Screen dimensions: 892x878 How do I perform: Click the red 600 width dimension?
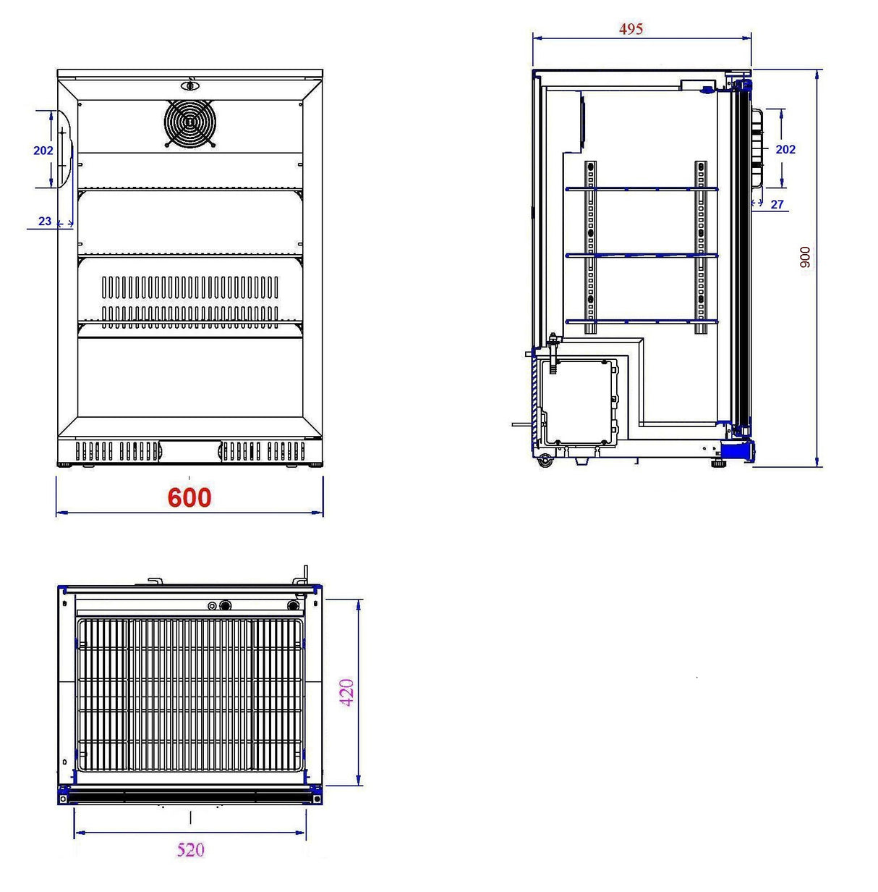[x=189, y=497]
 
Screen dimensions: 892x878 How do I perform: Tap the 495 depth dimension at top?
[x=631, y=29]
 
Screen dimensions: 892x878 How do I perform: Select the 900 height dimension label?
[x=805, y=257]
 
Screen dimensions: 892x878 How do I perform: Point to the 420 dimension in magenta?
[x=347, y=692]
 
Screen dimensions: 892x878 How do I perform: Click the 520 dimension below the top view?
[x=190, y=849]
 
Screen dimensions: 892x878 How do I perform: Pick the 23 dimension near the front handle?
[x=45, y=221]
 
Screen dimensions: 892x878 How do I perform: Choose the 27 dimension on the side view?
[x=777, y=204]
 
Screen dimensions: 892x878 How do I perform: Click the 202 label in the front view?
[x=43, y=151]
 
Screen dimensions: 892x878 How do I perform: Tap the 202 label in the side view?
[x=785, y=149]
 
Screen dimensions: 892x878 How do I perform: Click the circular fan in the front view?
[x=190, y=123]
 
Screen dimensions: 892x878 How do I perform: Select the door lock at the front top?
[x=190, y=85]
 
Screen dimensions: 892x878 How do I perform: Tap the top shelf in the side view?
[x=641, y=189]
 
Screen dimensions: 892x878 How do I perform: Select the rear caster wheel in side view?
[x=545, y=459]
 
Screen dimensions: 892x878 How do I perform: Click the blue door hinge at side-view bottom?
[x=738, y=451]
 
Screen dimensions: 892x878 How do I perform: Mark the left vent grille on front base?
[x=117, y=451]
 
